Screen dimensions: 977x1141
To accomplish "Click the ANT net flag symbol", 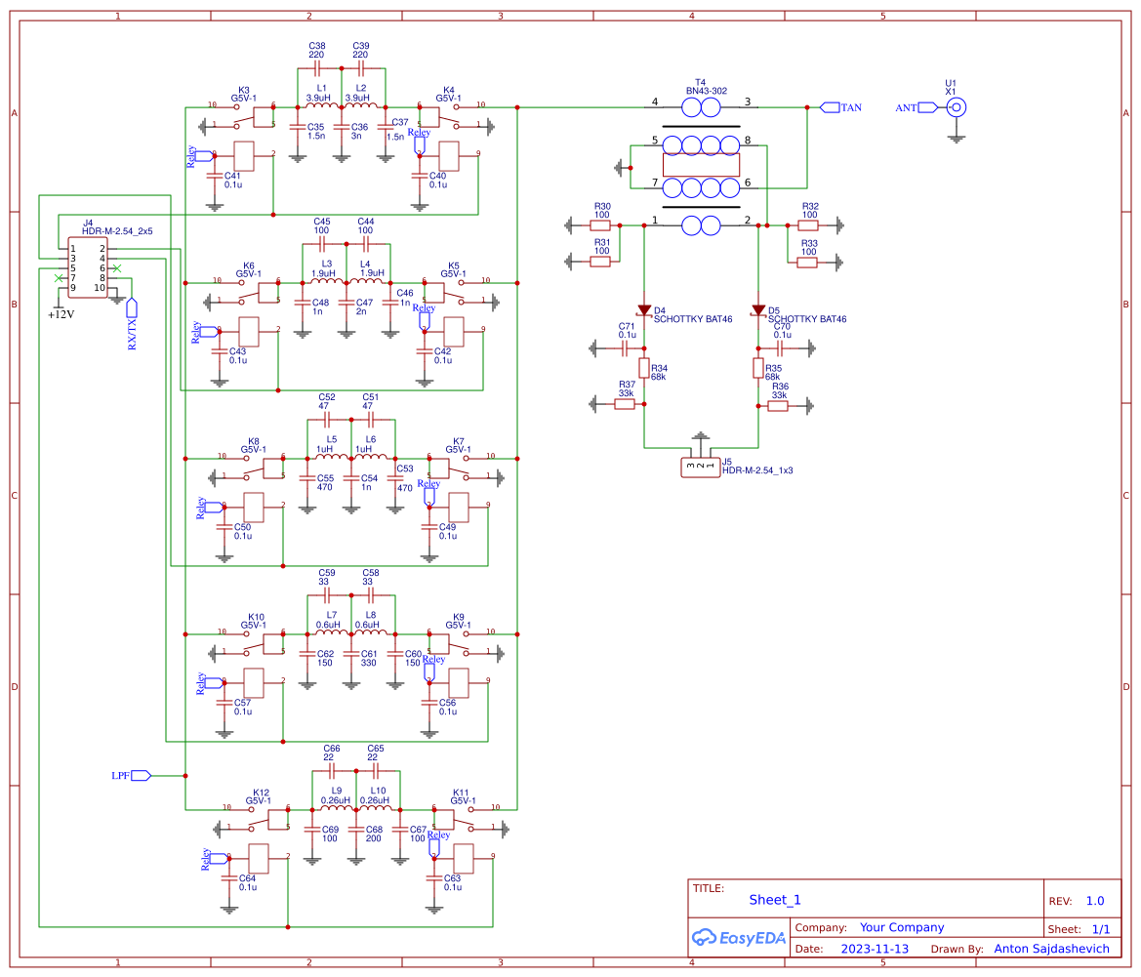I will (926, 107).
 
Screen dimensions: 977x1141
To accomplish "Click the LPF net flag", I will (141, 775).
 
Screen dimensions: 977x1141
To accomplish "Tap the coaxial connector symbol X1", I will (958, 108).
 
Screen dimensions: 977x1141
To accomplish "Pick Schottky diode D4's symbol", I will (644, 310).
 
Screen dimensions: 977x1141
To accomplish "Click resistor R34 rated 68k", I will (644, 368).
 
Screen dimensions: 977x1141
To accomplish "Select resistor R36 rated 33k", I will (778, 405).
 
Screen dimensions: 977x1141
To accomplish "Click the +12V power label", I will (61, 314).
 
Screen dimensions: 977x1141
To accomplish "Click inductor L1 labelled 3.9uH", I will (322, 106).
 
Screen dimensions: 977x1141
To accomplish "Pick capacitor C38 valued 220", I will (317, 69).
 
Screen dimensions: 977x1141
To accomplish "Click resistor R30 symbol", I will (601, 225).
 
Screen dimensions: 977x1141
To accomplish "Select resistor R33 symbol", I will (807, 262).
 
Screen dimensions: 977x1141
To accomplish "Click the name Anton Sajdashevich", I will (1051, 949).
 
